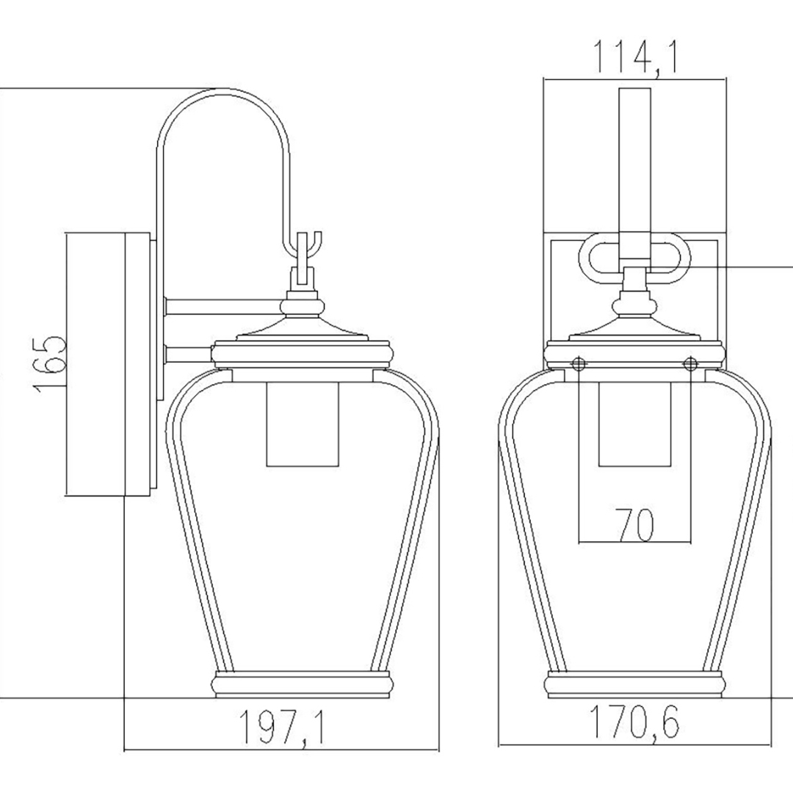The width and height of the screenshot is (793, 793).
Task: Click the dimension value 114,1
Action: click(x=634, y=59)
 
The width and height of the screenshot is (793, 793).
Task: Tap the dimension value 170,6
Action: click(x=634, y=723)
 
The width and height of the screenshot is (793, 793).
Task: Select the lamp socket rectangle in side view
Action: click(x=302, y=424)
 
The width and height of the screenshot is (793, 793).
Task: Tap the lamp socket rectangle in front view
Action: click(x=634, y=424)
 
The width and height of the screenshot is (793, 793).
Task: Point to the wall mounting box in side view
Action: click(x=108, y=364)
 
